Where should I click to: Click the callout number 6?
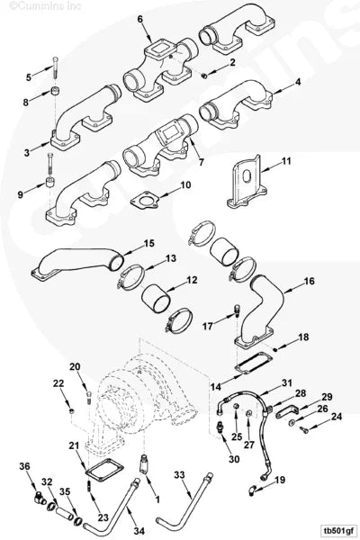pyautogui.click(x=139, y=19)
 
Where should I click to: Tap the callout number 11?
pyautogui.click(x=286, y=161)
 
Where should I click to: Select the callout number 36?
pyautogui.click(x=24, y=466)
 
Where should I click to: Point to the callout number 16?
pyautogui.click(x=309, y=281)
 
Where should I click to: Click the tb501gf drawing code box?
pyautogui.click(x=337, y=529)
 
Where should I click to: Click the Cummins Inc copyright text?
pyautogui.click(x=45, y=5)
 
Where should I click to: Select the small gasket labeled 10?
pyautogui.click(x=144, y=200)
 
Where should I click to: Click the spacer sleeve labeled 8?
pyautogui.click(x=54, y=92)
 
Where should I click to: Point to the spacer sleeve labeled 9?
pyautogui.click(x=50, y=181)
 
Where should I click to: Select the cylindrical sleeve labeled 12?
pyautogui.click(x=156, y=299)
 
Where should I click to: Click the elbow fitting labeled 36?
pyautogui.click(x=40, y=498)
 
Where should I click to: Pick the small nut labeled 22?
pyautogui.click(x=71, y=410)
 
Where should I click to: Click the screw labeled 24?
pyautogui.click(x=304, y=429)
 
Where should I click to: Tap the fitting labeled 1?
pyautogui.click(x=143, y=463)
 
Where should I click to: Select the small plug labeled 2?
pyautogui.click(x=203, y=76)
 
